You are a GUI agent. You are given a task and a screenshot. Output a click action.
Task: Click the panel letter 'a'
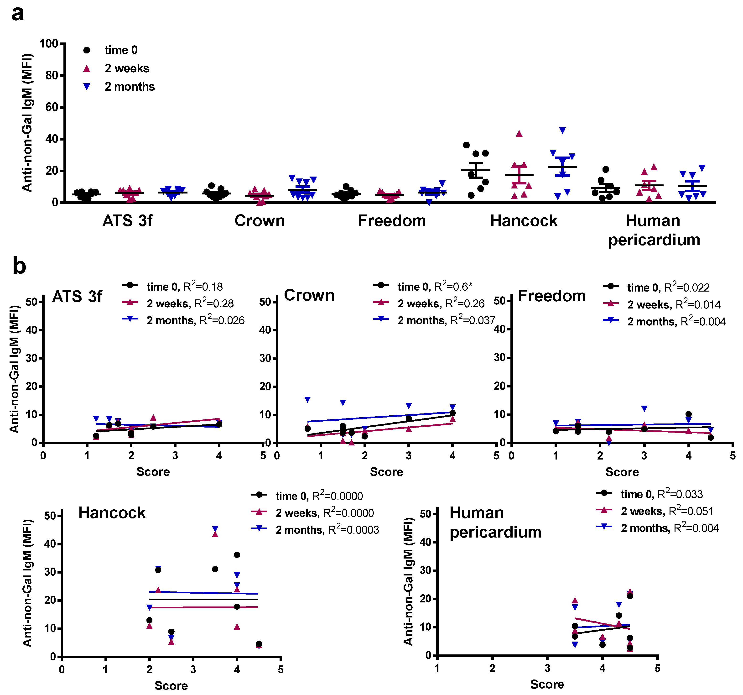coord(18,14)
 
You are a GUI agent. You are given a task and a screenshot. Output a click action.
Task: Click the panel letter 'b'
coord(19,266)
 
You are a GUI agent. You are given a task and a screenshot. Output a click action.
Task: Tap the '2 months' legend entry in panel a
coord(129,87)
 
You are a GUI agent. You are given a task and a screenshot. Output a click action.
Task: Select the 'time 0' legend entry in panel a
coord(121,50)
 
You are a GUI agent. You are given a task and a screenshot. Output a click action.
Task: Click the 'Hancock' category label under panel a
coord(524,221)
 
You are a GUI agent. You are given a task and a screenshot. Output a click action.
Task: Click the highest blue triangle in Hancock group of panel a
coord(562,130)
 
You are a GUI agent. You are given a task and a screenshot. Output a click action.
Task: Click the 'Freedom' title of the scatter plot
coord(552,296)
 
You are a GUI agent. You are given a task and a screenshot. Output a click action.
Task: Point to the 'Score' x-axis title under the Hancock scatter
coord(171,686)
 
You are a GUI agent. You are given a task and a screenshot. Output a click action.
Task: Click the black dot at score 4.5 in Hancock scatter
coord(259,644)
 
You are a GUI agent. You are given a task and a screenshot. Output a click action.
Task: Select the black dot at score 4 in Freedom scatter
coord(688,414)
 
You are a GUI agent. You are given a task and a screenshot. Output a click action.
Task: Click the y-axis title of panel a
coord(27,123)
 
